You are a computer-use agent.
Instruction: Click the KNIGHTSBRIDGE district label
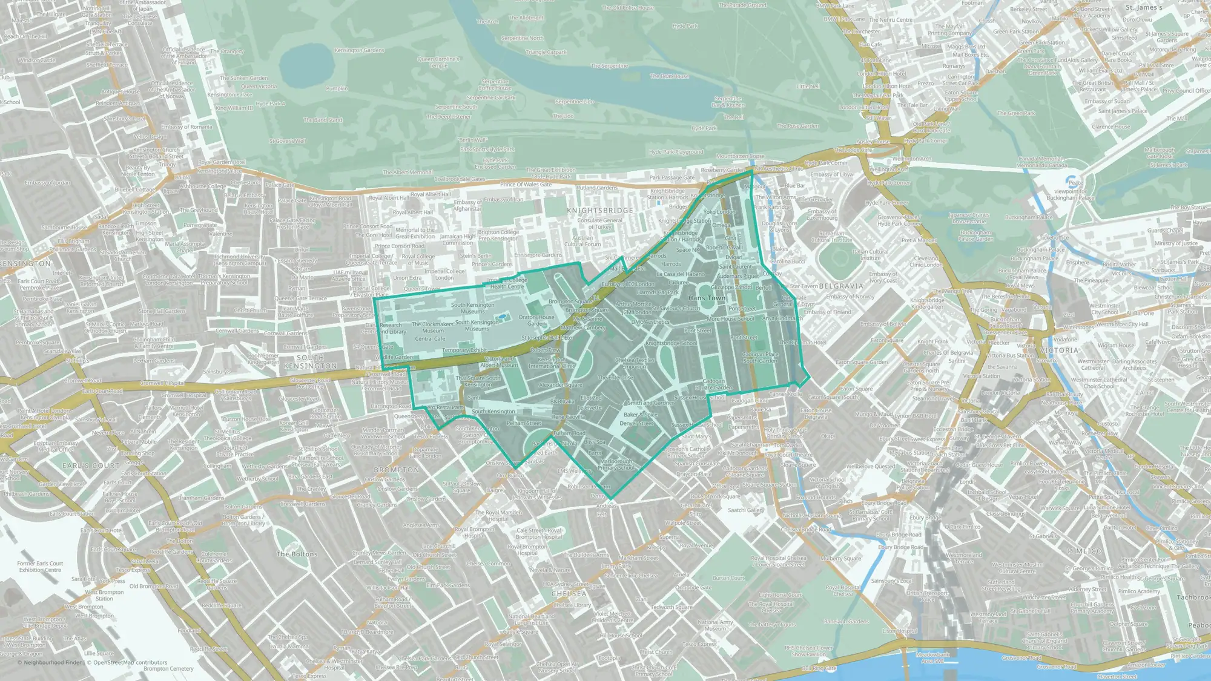click(600, 210)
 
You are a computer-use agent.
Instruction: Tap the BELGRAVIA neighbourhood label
click(841, 286)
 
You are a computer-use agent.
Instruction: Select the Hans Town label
click(707, 298)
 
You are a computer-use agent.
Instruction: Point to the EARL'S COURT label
click(91, 466)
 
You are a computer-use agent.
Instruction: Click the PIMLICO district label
click(1085, 551)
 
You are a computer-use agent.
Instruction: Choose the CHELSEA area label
click(569, 594)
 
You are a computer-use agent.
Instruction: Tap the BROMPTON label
click(396, 470)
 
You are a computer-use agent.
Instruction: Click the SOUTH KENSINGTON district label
click(311, 362)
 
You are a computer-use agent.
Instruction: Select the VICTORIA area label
click(1060, 350)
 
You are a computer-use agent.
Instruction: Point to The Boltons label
click(297, 554)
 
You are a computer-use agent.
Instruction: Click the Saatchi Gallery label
click(746, 510)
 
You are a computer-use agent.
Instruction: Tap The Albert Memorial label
click(408, 172)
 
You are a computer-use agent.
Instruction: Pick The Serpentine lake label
click(609, 66)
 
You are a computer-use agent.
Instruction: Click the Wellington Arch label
click(912, 159)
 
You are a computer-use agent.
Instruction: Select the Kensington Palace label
click(229, 94)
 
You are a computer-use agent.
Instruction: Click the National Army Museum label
click(715, 625)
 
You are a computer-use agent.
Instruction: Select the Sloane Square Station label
click(769, 485)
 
